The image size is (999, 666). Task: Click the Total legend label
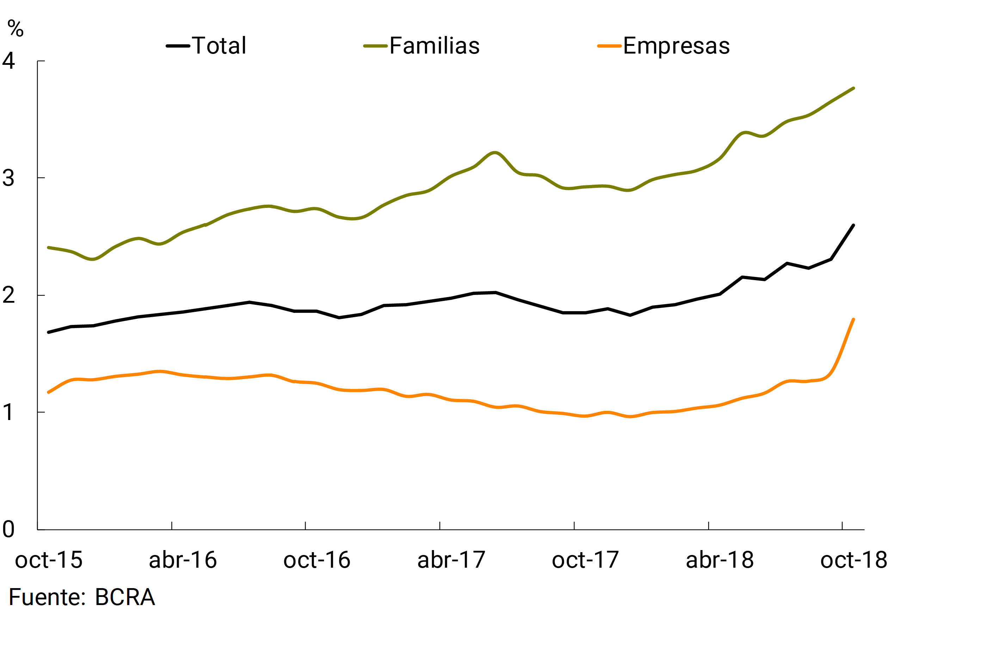coord(219,46)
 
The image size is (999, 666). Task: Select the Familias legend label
coord(434,46)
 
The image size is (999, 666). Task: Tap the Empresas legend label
coord(676,46)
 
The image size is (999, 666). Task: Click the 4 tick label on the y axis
coord(8,61)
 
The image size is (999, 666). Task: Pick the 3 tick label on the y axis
coord(8,178)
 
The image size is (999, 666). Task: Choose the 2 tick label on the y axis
coord(8,295)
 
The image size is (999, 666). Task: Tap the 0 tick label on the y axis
coord(8,529)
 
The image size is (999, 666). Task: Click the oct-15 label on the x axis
coord(49,560)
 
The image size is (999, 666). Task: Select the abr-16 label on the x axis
coord(183,560)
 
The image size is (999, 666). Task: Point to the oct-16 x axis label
coord(317,560)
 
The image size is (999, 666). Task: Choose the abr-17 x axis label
coord(451,560)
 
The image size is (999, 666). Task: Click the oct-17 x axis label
coord(585,560)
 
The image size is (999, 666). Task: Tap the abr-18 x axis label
coord(720,560)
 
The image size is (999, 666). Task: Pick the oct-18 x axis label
coord(854,560)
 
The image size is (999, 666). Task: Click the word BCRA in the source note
coord(125,597)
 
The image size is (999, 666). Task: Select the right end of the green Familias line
coord(853,88)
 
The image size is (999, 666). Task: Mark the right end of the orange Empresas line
coord(853,319)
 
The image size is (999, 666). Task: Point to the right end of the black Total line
coord(853,226)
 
